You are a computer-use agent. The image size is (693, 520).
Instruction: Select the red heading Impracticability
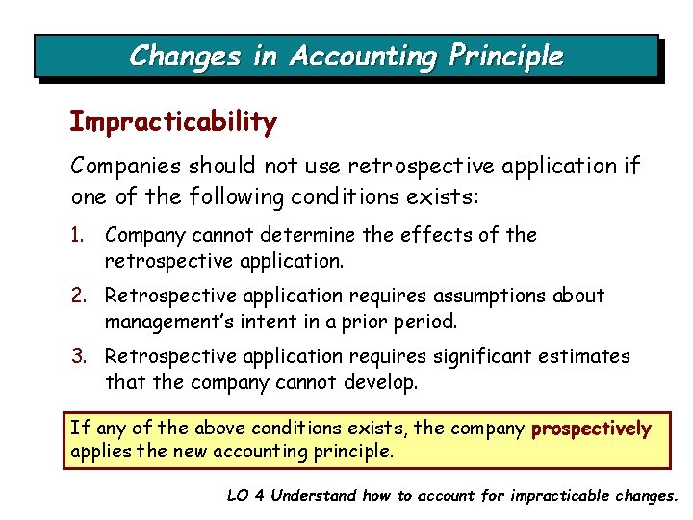click(173, 122)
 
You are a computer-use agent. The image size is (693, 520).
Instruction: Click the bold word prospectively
click(591, 428)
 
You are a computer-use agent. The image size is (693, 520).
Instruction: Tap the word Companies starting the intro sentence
click(126, 166)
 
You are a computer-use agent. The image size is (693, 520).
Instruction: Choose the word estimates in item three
click(581, 356)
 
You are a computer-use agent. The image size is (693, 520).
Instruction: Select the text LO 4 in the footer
click(245, 496)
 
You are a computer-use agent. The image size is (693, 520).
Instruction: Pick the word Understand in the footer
click(314, 496)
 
